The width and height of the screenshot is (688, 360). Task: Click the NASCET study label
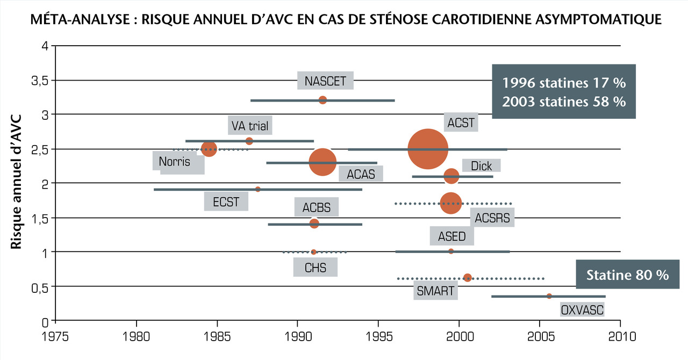pos(326,81)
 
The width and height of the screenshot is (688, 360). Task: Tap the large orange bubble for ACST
pos(428,149)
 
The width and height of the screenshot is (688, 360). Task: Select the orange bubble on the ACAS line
pos(322,162)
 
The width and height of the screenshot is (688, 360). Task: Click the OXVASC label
pos(582,309)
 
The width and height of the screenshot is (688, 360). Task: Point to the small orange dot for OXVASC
pos(549,296)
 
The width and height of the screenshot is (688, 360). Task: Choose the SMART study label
pos(435,292)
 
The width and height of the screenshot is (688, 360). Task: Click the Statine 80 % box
pos(627,275)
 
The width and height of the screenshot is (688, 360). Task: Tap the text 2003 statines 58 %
pos(564,102)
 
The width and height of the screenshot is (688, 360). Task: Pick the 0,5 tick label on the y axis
pos(38,287)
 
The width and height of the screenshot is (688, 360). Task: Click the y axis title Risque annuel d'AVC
pos(17,181)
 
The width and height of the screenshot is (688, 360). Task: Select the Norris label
pos(175,161)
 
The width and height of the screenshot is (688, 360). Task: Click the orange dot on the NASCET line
pos(322,100)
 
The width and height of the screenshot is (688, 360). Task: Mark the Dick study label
pos(481,165)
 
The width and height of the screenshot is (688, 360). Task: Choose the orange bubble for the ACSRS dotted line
pos(451,203)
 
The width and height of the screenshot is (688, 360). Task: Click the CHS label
pos(315,267)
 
